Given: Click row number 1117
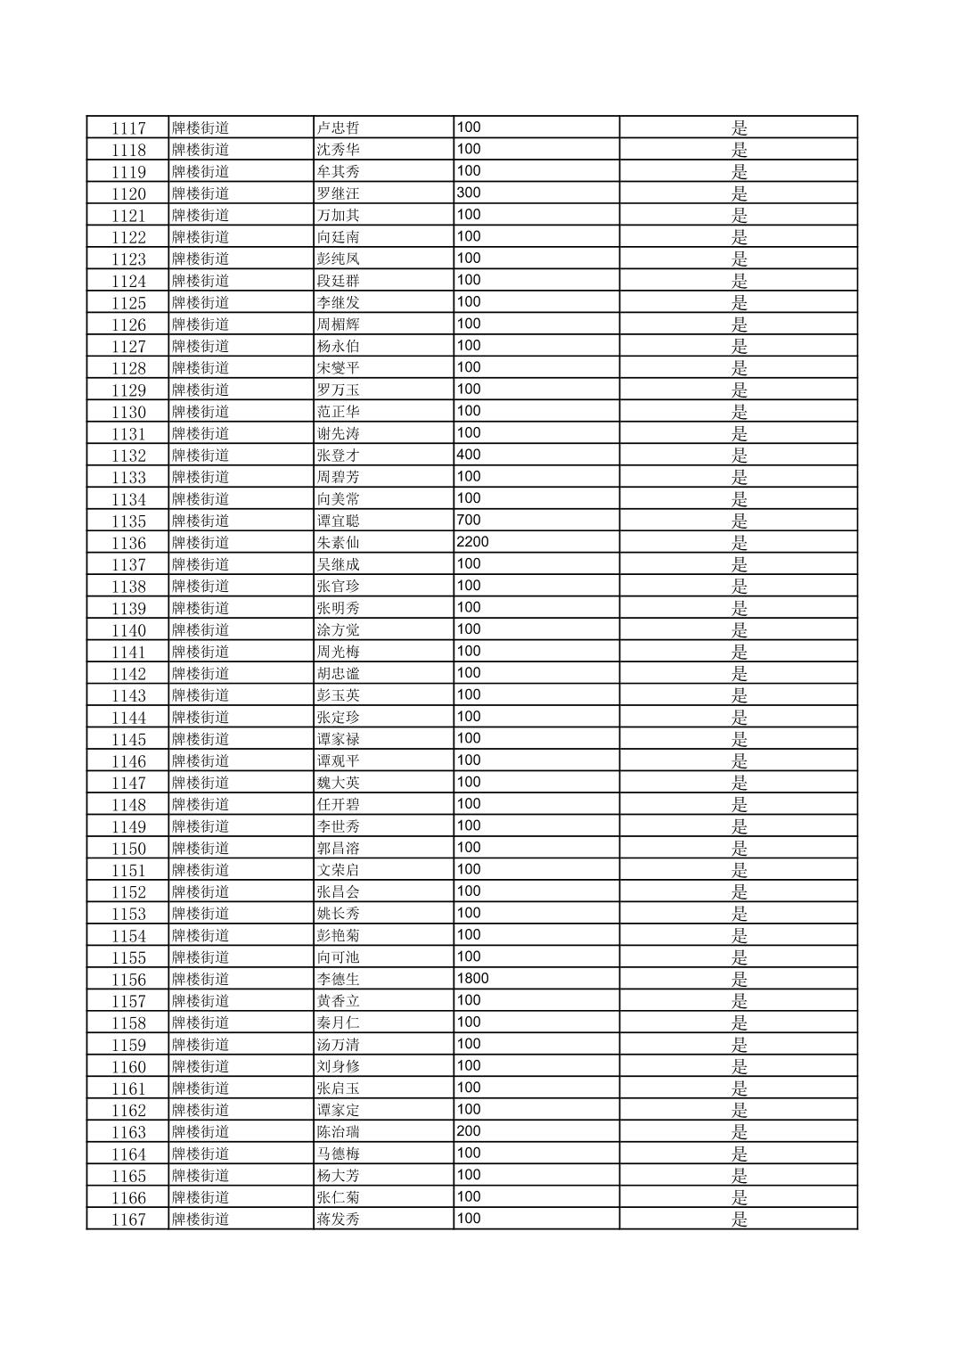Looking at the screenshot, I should [x=128, y=127].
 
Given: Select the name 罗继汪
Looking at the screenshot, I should [x=339, y=193].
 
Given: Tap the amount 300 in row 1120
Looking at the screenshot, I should [x=469, y=193].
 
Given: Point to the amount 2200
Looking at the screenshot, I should [x=472, y=542].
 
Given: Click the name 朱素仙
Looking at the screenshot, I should [x=339, y=543].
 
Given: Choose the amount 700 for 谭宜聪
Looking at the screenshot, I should [x=469, y=520].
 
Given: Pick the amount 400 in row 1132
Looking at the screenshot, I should [x=469, y=455].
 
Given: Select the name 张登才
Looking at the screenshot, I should [x=339, y=456].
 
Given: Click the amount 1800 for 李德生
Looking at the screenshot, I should [x=472, y=978].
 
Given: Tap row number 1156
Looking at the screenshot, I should [x=128, y=979].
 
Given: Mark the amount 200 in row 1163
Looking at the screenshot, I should [x=469, y=1131].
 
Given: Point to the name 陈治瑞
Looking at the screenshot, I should [x=339, y=1132].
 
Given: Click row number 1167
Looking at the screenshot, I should [x=128, y=1219].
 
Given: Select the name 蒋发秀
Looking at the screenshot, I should [x=339, y=1219].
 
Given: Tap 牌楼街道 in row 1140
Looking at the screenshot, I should [x=200, y=630].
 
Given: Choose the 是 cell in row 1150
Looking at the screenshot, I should [x=739, y=849].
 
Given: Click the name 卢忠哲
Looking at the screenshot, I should [x=339, y=127].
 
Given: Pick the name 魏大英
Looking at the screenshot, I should [x=339, y=783].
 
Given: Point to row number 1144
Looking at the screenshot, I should [x=128, y=718].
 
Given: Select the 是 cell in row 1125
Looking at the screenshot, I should [x=739, y=302].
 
